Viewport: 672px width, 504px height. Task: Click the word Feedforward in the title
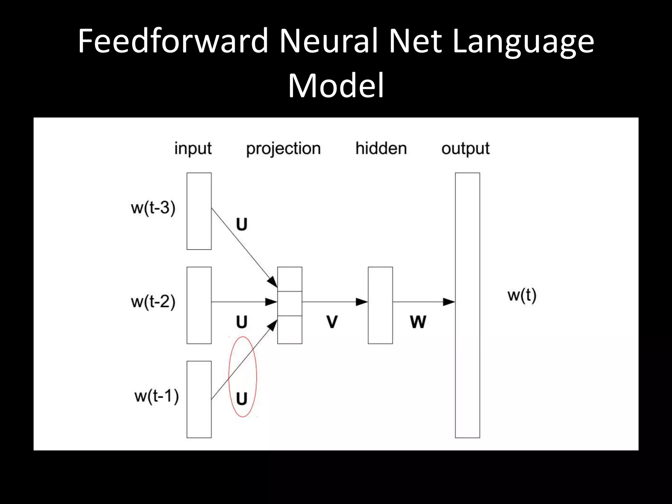[173, 41]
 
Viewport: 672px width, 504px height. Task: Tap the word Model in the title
[336, 86]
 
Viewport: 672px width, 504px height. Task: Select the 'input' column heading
[193, 148]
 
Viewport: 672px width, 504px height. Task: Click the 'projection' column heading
[283, 148]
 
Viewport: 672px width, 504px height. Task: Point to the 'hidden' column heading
[381, 148]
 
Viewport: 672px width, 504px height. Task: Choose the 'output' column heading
[465, 148]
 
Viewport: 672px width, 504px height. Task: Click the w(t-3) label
[153, 208]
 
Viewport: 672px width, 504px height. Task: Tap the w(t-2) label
[153, 302]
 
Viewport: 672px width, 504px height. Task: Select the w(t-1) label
[157, 396]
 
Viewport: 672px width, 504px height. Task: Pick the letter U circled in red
[242, 399]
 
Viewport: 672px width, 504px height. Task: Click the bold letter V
[332, 322]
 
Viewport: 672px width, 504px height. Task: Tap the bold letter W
[418, 322]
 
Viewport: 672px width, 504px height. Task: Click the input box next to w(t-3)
[199, 211]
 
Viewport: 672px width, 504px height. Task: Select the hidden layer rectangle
[380, 305]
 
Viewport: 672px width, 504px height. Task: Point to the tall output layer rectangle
[467, 305]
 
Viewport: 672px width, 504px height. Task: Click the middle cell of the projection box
[289, 303]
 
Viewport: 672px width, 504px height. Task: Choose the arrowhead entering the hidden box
[362, 302]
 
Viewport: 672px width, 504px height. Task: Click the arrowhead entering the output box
[449, 302]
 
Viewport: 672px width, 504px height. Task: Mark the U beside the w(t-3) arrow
[242, 224]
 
